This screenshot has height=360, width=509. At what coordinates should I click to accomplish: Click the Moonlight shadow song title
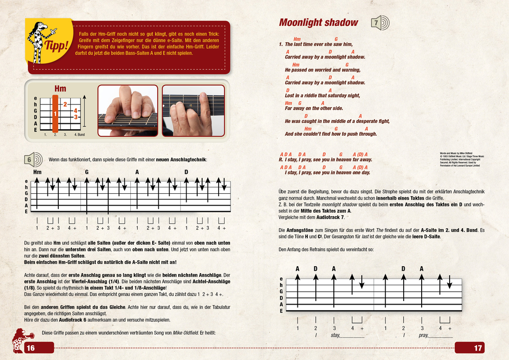point(318,22)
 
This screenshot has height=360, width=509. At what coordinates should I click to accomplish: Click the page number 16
point(30,348)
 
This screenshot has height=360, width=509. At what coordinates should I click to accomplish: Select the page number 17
point(478,348)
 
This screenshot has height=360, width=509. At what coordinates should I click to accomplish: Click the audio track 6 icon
point(32,159)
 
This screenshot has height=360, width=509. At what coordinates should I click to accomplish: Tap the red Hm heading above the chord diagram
point(60,89)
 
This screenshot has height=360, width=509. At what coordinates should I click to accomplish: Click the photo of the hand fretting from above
point(127,110)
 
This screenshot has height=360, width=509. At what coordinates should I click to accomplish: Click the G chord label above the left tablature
point(86,172)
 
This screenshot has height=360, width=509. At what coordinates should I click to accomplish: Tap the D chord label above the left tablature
point(186,172)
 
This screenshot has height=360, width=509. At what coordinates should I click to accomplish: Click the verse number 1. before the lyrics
point(281,44)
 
